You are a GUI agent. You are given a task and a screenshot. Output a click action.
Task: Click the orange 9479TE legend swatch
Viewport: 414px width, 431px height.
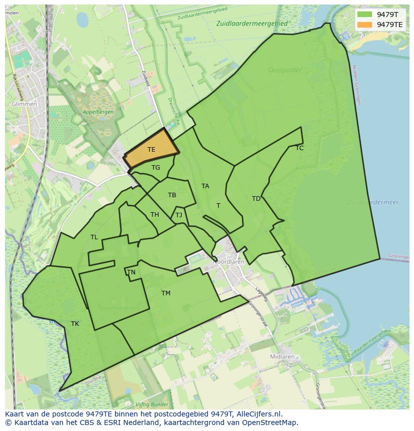tap(365, 25)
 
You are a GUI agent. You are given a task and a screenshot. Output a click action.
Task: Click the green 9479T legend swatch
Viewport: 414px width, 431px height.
tap(365, 15)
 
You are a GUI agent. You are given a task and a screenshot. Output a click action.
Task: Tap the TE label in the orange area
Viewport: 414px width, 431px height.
tap(151, 150)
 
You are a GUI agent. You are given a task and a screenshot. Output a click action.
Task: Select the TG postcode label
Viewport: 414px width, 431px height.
tap(155, 168)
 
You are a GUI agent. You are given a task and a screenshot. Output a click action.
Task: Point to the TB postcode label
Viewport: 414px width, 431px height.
tap(172, 195)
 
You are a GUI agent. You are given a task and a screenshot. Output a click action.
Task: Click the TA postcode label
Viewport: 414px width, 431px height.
tap(205, 186)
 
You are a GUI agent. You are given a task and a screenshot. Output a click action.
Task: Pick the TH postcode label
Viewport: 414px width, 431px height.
tap(154, 215)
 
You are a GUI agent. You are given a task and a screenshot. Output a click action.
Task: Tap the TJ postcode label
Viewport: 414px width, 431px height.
tap(178, 215)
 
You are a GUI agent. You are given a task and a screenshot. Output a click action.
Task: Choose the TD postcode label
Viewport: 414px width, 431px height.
tap(256, 199)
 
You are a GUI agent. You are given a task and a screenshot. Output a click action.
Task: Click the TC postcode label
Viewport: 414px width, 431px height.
tap(299, 148)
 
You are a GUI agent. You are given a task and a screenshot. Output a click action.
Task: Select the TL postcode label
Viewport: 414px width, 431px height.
tap(94, 237)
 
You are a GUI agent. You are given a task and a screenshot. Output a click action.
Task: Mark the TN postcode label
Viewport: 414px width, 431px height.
tap(131, 272)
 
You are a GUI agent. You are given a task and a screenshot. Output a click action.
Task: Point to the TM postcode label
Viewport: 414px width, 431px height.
tap(166, 293)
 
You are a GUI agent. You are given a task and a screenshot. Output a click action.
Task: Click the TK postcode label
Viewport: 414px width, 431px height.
tap(75, 324)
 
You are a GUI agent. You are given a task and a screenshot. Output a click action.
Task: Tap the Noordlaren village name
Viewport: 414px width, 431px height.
tap(228, 262)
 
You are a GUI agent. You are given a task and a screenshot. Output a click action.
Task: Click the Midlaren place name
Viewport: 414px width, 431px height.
tap(282, 357)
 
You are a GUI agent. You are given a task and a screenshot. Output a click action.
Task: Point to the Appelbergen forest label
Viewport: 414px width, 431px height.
tap(98, 112)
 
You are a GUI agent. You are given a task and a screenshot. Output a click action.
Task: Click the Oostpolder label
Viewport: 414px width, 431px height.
tap(285, 70)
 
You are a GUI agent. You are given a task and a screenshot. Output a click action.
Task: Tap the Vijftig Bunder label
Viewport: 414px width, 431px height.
tap(151, 404)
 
